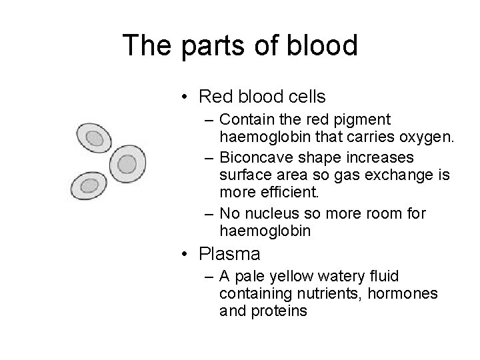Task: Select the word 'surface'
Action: (x=245, y=176)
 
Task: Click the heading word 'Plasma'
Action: (x=229, y=255)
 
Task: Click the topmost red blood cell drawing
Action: (x=94, y=139)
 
